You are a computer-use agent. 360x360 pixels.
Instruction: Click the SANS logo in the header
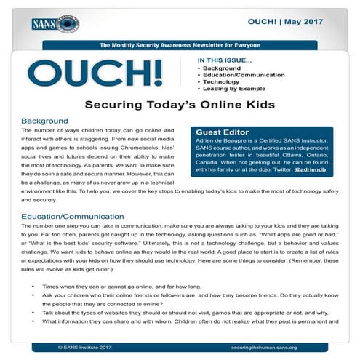55,23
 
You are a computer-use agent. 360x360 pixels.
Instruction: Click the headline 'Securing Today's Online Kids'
179,105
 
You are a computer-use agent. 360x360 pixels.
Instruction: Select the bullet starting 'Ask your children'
182,299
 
